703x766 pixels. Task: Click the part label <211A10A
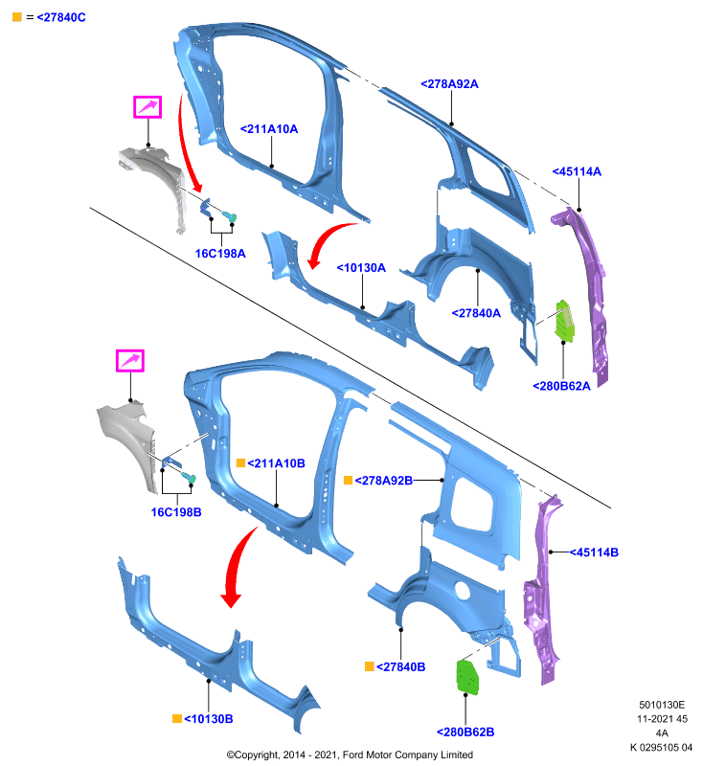tap(269, 129)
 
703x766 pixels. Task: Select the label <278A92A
tap(449, 84)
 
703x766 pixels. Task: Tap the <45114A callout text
tap(577, 171)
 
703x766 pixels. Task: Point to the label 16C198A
tap(220, 254)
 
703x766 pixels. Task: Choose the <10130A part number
tap(361, 268)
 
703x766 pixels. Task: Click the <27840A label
tap(476, 313)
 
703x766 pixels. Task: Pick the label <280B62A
tap(561, 386)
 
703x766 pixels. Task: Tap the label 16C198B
tap(176, 512)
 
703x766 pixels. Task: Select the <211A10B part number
tap(276, 463)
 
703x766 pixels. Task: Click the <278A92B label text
tap(383, 481)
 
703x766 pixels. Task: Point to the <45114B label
tap(594, 552)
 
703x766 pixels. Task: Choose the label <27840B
tap(400, 666)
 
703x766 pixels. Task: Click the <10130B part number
tap(208, 719)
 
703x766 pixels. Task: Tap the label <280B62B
tap(465, 732)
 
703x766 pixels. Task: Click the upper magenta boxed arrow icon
tap(147, 107)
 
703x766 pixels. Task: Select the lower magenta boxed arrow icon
tap(130, 361)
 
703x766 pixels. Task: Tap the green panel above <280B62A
tap(565, 321)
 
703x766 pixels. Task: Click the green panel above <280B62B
tap(467, 677)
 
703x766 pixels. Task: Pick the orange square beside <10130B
tap(177, 719)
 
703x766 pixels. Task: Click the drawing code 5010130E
tap(662, 705)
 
